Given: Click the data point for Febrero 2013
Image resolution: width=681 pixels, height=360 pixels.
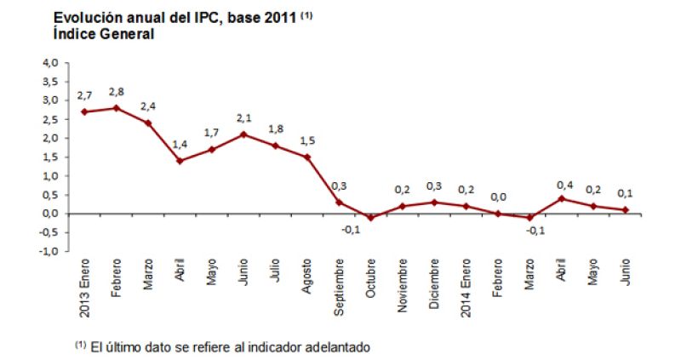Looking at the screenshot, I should point(116,108).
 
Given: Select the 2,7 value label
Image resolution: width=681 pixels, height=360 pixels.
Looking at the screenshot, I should point(83,96).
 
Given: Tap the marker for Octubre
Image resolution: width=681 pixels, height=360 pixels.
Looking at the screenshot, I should point(370,218).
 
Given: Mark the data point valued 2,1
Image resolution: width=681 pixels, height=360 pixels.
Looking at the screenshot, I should point(243,134).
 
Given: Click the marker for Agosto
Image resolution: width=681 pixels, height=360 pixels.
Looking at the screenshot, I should point(307,157).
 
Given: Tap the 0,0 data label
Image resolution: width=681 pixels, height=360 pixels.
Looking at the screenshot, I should point(498,197).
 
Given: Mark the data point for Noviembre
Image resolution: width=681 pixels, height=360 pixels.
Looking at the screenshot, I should point(403,206).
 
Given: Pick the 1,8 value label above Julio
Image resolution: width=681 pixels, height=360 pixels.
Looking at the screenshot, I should point(275,129).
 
